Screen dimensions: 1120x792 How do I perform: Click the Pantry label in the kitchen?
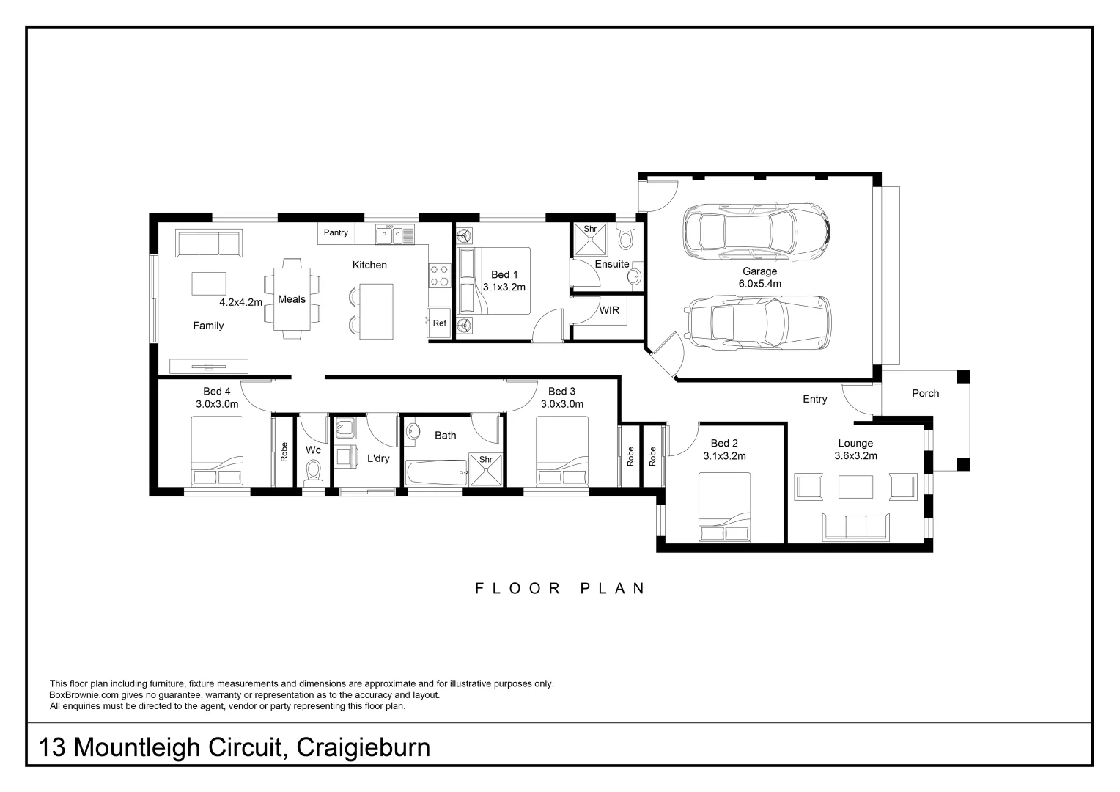[336, 232]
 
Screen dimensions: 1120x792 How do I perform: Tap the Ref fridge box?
[440, 323]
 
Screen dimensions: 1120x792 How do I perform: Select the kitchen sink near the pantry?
[395, 235]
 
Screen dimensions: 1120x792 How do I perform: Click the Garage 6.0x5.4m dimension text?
[760, 284]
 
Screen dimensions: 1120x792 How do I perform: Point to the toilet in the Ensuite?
[625, 235]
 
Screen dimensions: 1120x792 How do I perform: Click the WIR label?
[609, 310]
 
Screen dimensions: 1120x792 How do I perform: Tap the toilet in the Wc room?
[314, 473]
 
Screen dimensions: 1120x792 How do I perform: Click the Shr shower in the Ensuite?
[590, 240]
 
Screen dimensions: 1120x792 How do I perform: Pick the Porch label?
[926, 393]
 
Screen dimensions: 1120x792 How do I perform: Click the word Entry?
[815, 399]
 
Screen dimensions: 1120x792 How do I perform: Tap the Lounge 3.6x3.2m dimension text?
[855, 456]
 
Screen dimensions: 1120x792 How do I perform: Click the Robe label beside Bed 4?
[284, 452]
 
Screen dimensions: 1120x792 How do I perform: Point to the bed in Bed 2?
[724, 507]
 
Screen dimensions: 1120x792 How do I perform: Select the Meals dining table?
[292, 299]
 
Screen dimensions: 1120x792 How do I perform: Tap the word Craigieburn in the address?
[364, 748]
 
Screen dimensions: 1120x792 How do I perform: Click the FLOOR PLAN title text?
[560, 588]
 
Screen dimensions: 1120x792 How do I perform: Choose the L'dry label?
[378, 458]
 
